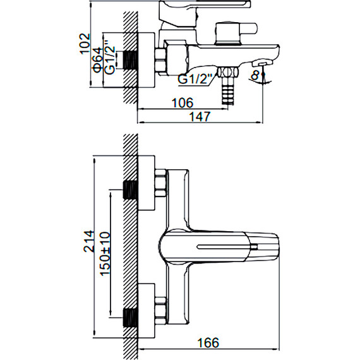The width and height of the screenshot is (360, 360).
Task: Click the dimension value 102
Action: tap(85, 44)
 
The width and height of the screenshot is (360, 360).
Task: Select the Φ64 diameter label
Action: tap(97, 60)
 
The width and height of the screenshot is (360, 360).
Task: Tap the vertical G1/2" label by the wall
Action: tap(109, 57)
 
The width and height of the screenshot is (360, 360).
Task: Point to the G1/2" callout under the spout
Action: tap(195, 79)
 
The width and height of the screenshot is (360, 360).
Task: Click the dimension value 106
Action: tap(183, 102)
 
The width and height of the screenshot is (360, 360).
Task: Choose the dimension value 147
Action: tap(200, 116)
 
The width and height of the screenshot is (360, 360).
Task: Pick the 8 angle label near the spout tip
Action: tap(255, 75)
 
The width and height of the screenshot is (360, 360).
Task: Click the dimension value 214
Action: tap(89, 241)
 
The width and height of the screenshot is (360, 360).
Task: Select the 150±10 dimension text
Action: tap(105, 253)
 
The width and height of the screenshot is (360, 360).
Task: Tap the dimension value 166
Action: tap(208, 343)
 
